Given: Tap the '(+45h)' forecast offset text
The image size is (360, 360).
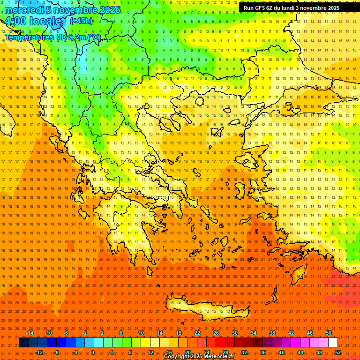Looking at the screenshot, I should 81,21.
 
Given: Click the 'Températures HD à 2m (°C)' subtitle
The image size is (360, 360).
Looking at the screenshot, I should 52,37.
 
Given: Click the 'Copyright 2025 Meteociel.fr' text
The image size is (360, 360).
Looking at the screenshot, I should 199,357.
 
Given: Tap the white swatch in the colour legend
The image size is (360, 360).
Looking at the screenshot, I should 333,343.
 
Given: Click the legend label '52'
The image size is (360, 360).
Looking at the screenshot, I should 338,352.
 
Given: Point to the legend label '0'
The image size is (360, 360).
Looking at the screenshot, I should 92,352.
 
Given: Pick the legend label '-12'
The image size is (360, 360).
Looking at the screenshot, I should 39,352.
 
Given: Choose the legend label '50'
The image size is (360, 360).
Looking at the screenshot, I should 329,333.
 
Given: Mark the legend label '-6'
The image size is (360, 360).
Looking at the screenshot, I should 66,333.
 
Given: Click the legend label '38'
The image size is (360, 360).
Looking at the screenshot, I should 272,333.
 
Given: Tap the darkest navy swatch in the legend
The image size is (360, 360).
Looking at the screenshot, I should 23,343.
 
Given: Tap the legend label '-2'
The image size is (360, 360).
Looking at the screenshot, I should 85,333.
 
